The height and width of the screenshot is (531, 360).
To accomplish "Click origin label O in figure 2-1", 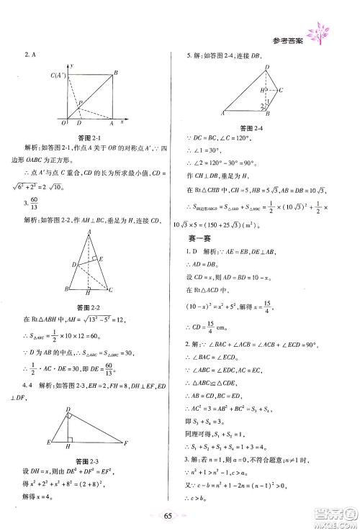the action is [64, 124].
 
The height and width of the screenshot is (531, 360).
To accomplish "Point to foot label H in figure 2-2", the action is [88, 294].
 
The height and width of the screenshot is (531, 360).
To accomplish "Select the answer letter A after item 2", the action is [33, 53].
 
